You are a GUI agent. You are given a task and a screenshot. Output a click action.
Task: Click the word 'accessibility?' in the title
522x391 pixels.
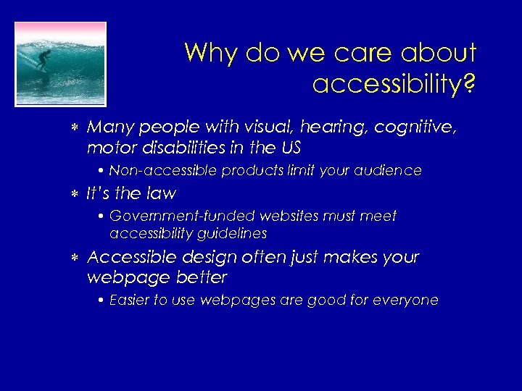pos(394,85)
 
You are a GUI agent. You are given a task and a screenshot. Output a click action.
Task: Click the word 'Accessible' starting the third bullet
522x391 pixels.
pos(128,258)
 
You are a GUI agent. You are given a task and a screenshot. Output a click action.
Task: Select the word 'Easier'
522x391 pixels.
pos(128,300)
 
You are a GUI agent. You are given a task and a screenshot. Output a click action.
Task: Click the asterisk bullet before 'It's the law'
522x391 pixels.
pos(75,194)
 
